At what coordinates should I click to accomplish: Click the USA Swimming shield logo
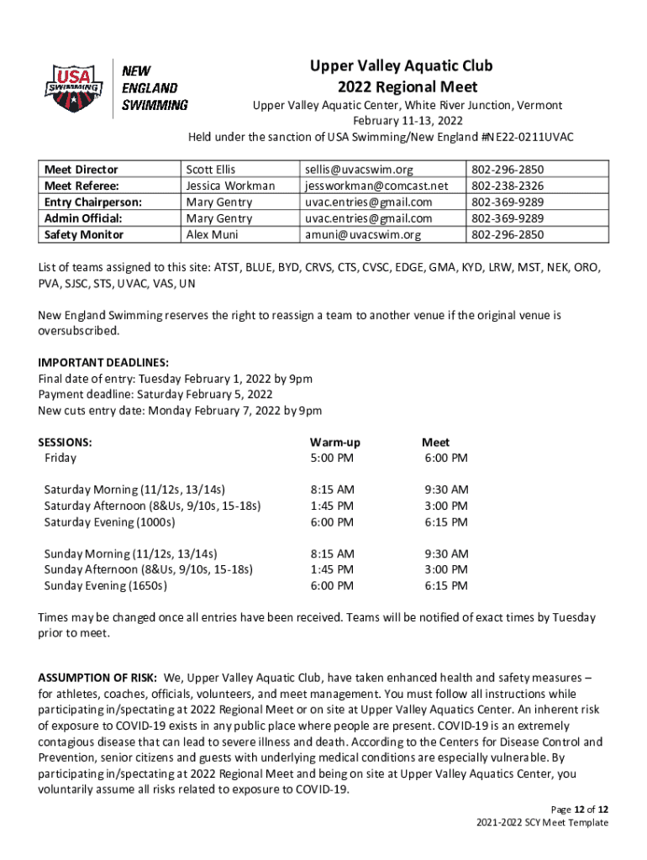click(73, 88)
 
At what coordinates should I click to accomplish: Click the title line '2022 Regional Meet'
click(408, 87)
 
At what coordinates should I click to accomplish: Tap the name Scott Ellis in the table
click(211, 170)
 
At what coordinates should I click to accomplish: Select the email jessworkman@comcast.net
click(376, 186)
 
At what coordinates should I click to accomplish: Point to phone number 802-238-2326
click(508, 186)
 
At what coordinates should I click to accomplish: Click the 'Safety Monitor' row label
click(83, 234)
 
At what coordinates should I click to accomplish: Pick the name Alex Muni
click(212, 234)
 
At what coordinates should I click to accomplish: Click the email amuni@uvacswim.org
click(363, 234)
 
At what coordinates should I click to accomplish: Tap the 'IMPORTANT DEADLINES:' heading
click(103, 363)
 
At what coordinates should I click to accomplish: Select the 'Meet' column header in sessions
click(435, 442)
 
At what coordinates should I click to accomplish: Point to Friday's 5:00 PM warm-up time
click(332, 458)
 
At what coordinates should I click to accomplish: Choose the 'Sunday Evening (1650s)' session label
click(106, 585)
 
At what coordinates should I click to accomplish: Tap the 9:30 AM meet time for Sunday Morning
click(446, 553)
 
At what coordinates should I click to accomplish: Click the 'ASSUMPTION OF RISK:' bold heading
click(97, 677)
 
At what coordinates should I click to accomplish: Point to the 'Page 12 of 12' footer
click(575, 809)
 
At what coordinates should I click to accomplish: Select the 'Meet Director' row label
click(81, 170)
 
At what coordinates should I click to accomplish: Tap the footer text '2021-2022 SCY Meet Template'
click(541, 822)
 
